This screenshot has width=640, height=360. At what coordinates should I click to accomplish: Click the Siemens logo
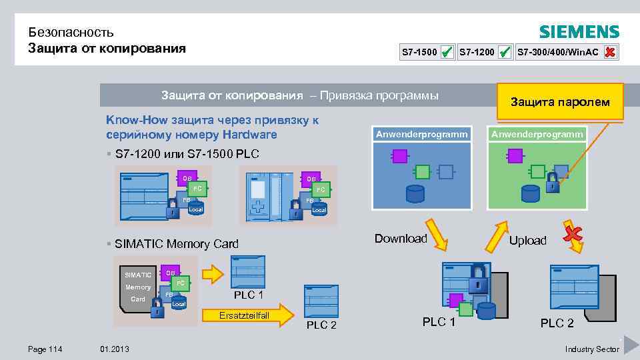pos(579,32)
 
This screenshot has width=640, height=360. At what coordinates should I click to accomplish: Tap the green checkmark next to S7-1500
pos(447,51)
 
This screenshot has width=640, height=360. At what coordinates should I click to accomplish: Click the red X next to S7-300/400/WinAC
pos(609,51)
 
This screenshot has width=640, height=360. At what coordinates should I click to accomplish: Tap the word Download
pos(401,239)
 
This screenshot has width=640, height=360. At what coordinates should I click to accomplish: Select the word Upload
pos(527,241)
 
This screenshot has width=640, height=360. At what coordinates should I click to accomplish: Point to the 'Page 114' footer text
pos(45,349)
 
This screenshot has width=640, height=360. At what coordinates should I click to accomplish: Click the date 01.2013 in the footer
pos(115,349)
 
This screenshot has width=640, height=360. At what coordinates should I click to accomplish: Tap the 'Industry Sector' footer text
pos(591,349)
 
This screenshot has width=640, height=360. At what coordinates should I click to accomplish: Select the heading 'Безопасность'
pos(71,32)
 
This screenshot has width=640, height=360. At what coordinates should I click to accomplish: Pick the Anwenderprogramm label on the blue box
pos(421,134)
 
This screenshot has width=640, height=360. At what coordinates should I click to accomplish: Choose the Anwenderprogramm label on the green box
pos(537,134)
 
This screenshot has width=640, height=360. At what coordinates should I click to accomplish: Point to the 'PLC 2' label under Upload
pos(557,323)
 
